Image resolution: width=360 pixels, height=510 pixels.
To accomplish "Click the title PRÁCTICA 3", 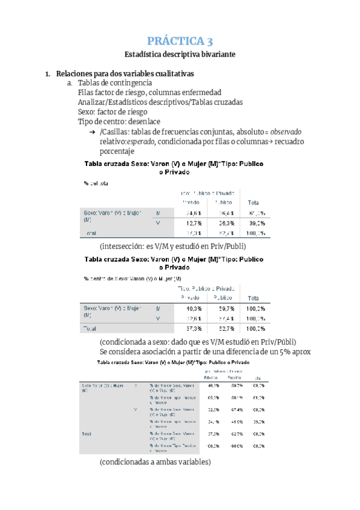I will (180, 41).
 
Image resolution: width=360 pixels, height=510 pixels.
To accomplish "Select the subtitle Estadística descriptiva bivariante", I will (180, 55).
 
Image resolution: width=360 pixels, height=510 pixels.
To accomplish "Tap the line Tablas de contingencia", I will (115, 83).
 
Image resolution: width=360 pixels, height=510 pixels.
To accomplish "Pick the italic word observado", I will (285, 132).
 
